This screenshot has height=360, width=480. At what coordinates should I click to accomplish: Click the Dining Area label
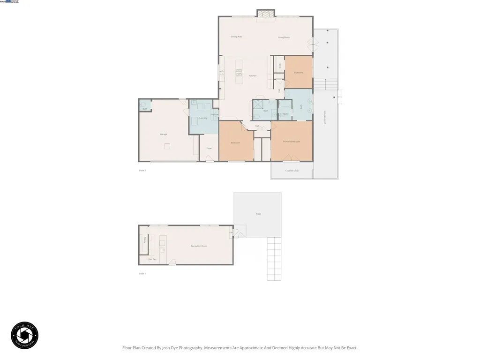click(x=237, y=37)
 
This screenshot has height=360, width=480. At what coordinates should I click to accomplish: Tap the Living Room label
click(x=284, y=37)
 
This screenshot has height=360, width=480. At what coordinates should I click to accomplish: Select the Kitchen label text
click(x=253, y=75)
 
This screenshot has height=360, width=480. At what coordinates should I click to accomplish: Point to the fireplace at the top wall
click(x=266, y=15)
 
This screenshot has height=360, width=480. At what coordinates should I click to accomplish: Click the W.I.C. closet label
click(x=280, y=67)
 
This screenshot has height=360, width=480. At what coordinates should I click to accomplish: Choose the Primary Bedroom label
click(x=291, y=141)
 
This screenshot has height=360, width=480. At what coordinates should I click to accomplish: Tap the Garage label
click(x=164, y=134)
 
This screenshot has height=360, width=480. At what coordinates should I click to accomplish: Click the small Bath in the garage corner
click(x=145, y=108)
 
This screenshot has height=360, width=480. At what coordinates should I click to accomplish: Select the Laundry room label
click(x=203, y=118)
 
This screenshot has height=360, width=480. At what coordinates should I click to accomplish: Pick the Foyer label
click(x=209, y=148)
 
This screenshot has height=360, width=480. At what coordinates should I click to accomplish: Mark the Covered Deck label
click(x=292, y=171)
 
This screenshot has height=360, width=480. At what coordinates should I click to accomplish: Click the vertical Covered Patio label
click(x=325, y=117)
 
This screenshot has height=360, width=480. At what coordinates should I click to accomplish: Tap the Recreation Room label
click(x=199, y=246)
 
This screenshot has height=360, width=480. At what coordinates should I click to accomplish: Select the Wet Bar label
click(x=151, y=259)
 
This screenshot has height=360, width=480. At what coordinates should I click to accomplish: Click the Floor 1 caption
click(x=142, y=273)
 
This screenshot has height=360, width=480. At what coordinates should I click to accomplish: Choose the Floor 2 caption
click(x=142, y=170)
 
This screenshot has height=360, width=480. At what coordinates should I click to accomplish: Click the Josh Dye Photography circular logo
click(x=24, y=335)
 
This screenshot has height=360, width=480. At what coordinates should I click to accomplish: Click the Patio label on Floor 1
click(x=258, y=214)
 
